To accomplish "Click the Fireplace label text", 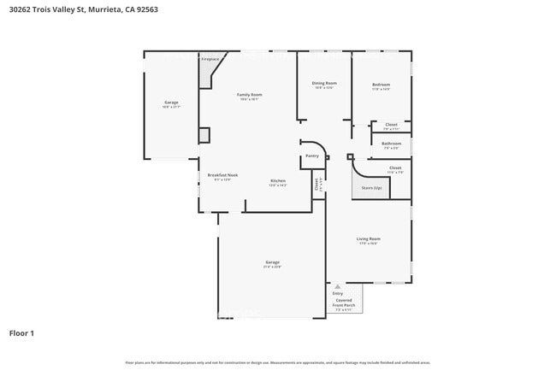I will (210, 59).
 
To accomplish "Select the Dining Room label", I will (323, 83).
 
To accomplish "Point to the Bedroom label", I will (381, 85).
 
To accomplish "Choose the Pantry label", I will (312, 156).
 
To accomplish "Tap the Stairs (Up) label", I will (371, 187).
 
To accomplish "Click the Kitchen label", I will (278, 181).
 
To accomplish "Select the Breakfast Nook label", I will (222, 175).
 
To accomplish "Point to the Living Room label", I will (369, 238).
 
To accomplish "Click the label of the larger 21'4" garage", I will (272, 262).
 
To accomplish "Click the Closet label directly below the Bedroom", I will (391, 125).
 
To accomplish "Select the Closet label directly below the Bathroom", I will (394, 167).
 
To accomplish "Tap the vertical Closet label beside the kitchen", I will (316, 182).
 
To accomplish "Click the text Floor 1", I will (21, 333).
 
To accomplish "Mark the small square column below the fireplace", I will (204, 135).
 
